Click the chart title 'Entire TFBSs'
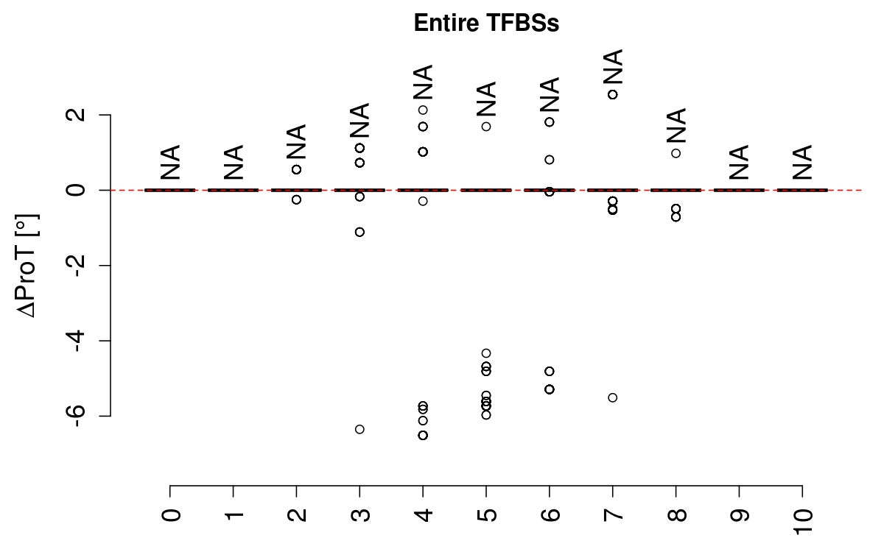pos(486,24)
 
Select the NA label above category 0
pos(170,163)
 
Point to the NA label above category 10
pos(802,163)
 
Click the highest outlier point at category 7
pos(613,94)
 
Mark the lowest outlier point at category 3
pos(359,429)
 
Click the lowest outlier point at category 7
pos(613,397)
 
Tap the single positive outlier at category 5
pos(486,127)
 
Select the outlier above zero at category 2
pos(296,169)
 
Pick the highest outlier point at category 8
pos(676,153)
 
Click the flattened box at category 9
pos(739,190)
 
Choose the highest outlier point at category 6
pos(550,121)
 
